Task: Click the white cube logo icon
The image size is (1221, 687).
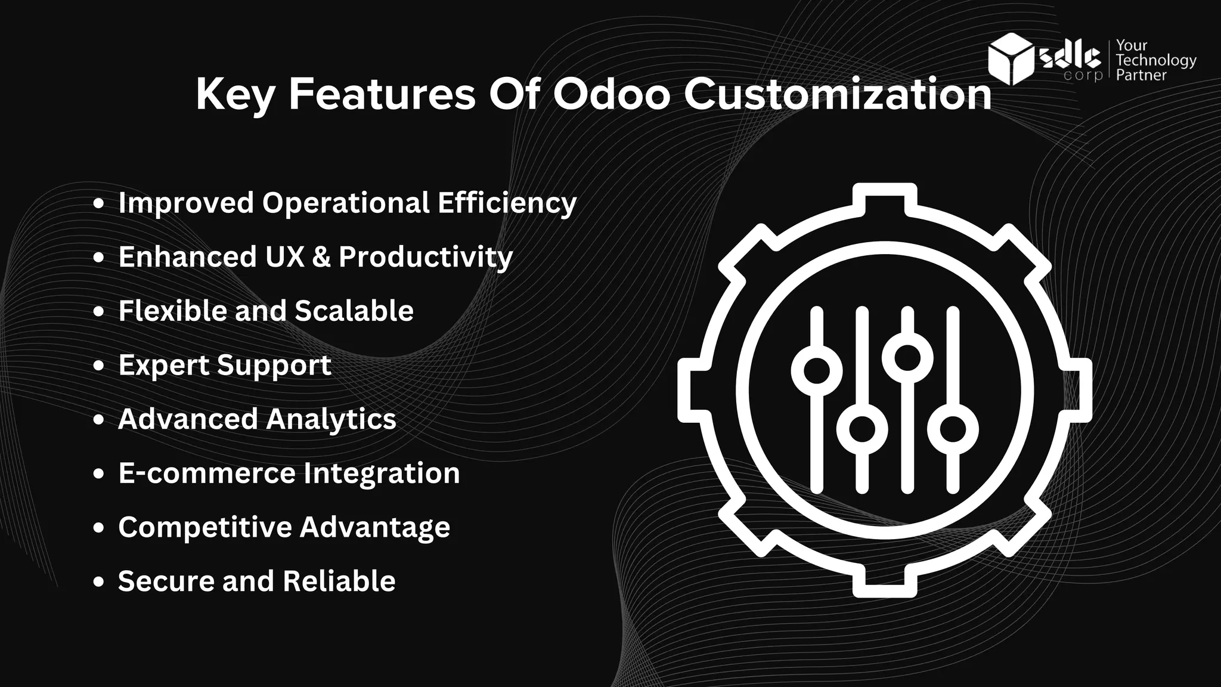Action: (x=1011, y=58)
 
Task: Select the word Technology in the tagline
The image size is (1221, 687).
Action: (x=1156, y=60)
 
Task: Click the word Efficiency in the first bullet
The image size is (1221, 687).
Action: (x=507, y=203)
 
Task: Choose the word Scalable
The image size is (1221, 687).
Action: (x=354, y=311)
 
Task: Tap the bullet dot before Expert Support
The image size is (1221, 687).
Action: (x=99, y=366)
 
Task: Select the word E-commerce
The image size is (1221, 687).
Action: (x=209, y=474)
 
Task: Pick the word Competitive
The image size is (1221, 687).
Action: (x=204, y=527)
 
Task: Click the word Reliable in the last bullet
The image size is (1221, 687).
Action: (x=339, y=581)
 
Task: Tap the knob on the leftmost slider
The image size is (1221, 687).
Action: (x=817, y=370)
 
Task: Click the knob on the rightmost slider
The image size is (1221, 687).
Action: (x=953, y=429)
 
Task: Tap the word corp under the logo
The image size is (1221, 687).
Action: (x=1083, y=76)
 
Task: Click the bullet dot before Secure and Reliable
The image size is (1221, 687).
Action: (x=99, y=582)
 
